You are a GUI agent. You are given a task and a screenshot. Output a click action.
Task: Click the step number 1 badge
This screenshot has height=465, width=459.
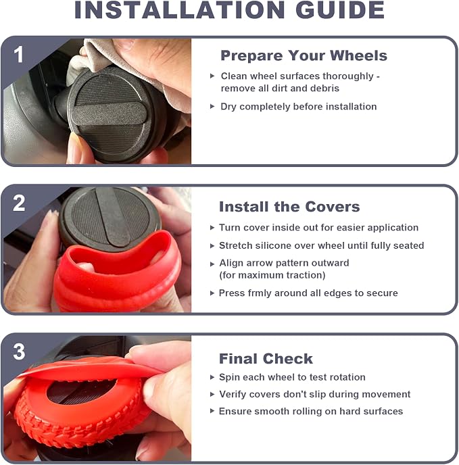tap(19, 54)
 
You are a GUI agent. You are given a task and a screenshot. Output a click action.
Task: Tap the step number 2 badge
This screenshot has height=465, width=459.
tap(19, 203)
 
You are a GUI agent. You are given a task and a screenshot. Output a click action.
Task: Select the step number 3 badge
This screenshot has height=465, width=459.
tap(19, 351)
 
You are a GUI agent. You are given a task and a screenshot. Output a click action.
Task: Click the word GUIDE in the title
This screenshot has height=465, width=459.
tap(340, 10)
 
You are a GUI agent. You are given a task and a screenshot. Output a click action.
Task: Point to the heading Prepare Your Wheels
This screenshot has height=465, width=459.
tap(304, 55)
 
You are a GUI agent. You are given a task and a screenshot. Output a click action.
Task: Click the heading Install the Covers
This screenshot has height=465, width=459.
tap(289, 206)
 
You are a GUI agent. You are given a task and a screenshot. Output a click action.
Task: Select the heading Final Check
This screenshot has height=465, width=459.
tap(266, 358)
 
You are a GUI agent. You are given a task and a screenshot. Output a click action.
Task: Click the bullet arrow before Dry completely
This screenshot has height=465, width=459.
tap(212, 106)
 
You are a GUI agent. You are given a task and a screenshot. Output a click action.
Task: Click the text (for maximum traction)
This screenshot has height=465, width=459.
tap(272, 275)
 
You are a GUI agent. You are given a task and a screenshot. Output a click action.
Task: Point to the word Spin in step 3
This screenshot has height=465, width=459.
tap(229, 377)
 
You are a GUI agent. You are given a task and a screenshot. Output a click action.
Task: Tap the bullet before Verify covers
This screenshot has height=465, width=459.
tap(212, 394)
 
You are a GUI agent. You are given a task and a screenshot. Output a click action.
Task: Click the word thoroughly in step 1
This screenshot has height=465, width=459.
tap(348, 76)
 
